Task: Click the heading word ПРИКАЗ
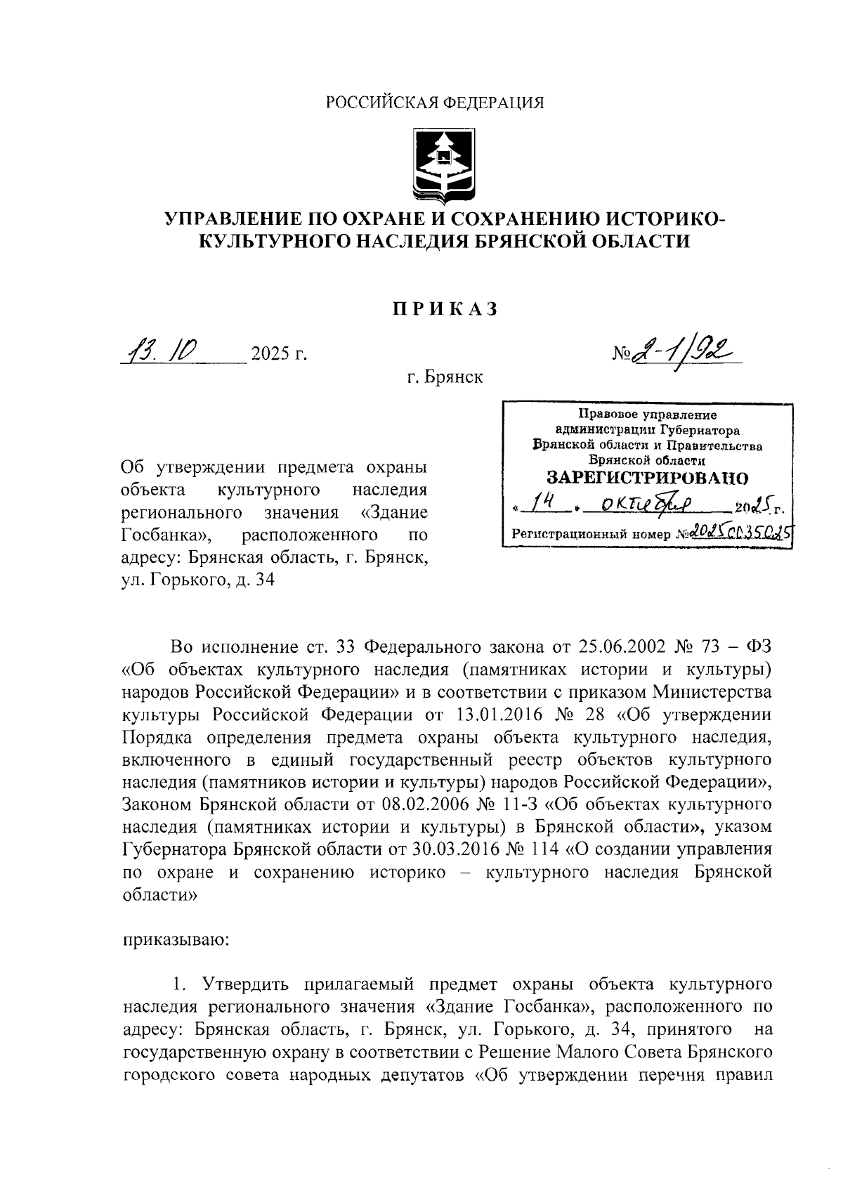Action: [445, 308]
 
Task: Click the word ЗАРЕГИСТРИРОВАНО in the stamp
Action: [648, 478]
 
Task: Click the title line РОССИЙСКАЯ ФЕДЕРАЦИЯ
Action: [436, 103]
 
